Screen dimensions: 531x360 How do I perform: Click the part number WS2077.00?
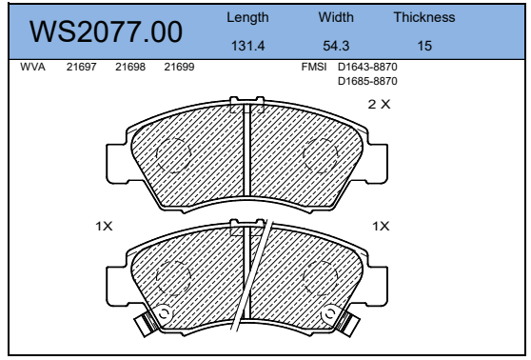106,31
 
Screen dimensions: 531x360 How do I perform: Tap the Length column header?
247,18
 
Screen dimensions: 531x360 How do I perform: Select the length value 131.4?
247,46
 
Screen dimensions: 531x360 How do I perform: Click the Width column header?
336,17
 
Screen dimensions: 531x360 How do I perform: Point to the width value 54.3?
336,46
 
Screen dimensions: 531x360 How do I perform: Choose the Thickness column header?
424,17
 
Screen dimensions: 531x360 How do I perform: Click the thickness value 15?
424,46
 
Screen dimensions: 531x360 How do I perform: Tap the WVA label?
32,67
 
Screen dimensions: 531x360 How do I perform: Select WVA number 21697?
81,67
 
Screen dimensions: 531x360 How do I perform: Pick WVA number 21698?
130,67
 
